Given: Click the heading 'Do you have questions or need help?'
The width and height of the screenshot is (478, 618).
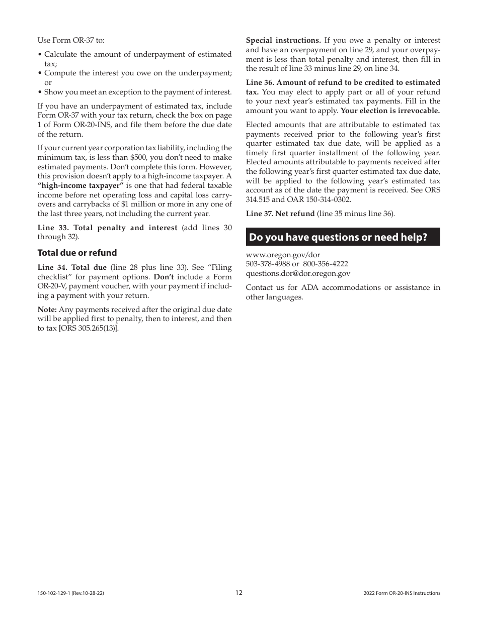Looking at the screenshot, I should [x=338, y=237].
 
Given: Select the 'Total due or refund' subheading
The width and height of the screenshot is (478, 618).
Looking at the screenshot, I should [x=77, y=253].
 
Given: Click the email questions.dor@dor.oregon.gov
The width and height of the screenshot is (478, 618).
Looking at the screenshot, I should [x=298, y=273].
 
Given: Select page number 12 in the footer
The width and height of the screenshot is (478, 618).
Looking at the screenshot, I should [x=239, y=593].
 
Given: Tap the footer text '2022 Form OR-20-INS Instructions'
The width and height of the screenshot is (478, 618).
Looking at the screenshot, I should [x=402, y=593].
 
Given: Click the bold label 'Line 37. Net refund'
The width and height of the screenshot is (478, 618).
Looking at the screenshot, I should [x=280, y=214].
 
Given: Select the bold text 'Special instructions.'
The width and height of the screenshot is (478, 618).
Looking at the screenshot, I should [x=283, y=40].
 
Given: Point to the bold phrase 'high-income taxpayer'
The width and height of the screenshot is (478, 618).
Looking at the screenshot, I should [x=81, y=185].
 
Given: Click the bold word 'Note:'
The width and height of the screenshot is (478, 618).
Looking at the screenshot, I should [x=47, y=310].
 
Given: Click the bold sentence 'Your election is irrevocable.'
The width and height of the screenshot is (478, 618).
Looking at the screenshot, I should [x=390, y=111].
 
